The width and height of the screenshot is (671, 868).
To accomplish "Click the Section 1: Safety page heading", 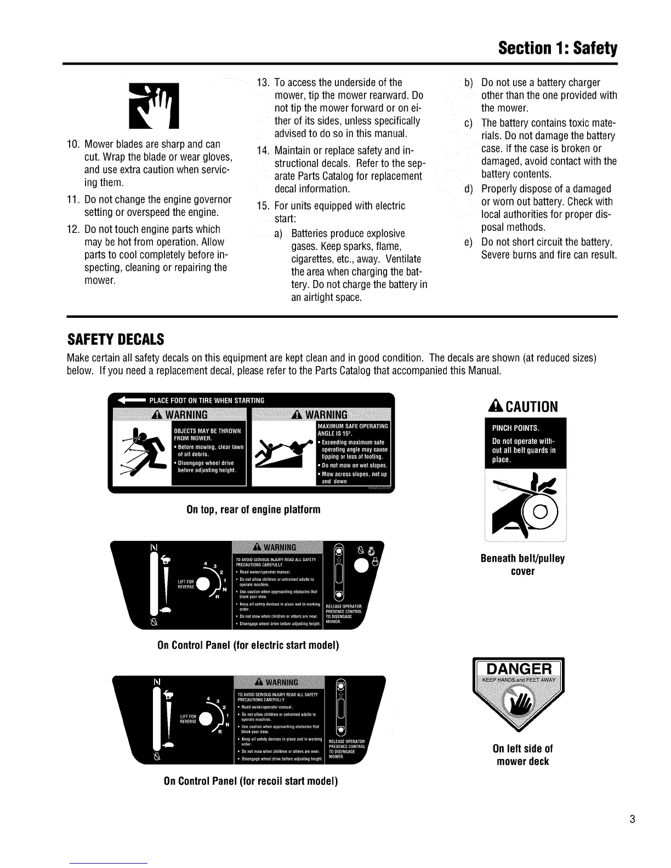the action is point(557,49).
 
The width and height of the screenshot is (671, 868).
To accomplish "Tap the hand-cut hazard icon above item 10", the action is point(153,104).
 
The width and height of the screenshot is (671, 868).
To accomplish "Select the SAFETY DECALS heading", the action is point(115,339).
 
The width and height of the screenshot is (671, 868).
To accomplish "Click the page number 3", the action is point(632,820).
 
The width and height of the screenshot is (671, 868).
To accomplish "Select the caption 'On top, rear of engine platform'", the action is point(253,510).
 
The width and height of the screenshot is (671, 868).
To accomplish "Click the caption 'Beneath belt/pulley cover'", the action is point(522,565).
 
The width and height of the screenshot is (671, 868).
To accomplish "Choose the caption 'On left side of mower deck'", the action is point(522,755).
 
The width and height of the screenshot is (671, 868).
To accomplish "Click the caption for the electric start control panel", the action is point(248,645).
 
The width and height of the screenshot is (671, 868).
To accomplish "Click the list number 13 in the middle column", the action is point(263,83).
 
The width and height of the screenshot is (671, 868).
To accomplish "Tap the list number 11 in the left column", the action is point(73,199).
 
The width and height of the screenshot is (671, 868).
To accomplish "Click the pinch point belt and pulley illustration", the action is point(525,504).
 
